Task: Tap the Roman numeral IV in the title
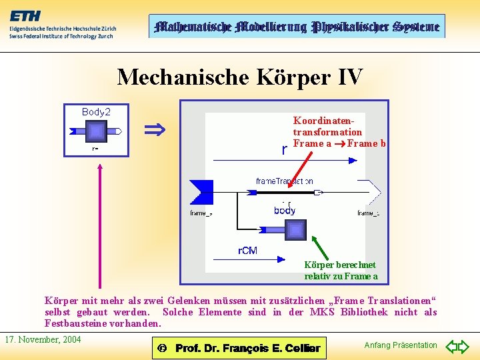click(x=350, y=77)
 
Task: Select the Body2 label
click(x=96, y=112)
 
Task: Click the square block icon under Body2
click(x=96, y=131)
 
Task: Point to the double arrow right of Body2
click(x=155, y=129)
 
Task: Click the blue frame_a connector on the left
click(x=201, y=192)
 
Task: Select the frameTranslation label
click(x=285, y=181)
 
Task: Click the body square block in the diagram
click(x=295, y=229)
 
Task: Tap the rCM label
click(x=247, y=251)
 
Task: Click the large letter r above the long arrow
click(x=285, y=150)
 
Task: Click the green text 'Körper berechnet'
click(x=340, y=265)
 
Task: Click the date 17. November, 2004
click(x=43, y=340)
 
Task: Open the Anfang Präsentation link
click(x=401, y=345)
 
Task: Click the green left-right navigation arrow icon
click(x=458, y=347)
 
